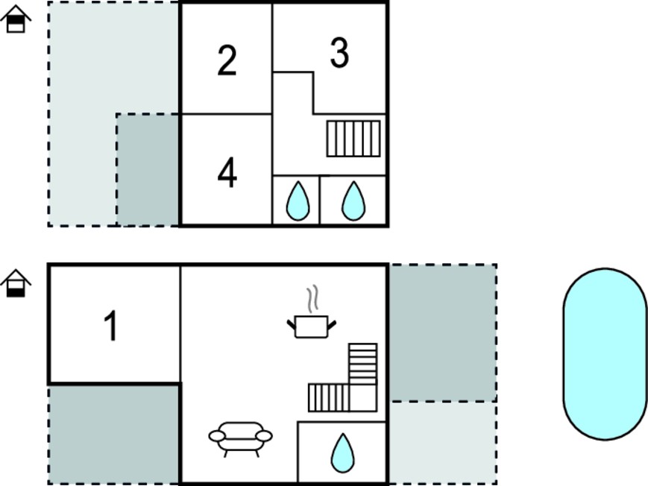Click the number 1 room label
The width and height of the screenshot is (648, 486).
click(x=111, y=326)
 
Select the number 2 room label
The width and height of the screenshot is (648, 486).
click(x=227, y=60)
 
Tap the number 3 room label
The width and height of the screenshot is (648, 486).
click(x=339, y=52)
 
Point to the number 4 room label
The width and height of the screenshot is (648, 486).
click(x=227, y=173)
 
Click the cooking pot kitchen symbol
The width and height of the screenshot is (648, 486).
click(x=312, y=326)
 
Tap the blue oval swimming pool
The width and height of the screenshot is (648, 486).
click(x=605, y=354)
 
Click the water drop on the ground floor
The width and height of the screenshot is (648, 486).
click(x=342, y=453)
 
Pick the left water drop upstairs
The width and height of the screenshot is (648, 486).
click(x=298, y=201)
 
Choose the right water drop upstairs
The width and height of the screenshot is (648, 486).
click(x=353, y=201)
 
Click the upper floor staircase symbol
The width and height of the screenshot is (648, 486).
click(x=353, y=139)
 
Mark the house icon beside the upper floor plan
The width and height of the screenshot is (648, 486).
click(x=16, y=19)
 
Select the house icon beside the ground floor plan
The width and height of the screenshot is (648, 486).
click(x=16, y=283)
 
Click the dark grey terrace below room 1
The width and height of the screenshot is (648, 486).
click(x=114, y=435)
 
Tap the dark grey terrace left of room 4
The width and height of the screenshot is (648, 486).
click(x=148, y=169)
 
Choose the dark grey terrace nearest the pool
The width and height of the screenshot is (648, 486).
click(x=443, y=332)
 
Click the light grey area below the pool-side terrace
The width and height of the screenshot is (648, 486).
click(x=443, y=443)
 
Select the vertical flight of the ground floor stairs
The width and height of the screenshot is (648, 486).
click(x=363, y=364)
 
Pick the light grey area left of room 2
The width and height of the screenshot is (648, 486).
click(x=83, y=114)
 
